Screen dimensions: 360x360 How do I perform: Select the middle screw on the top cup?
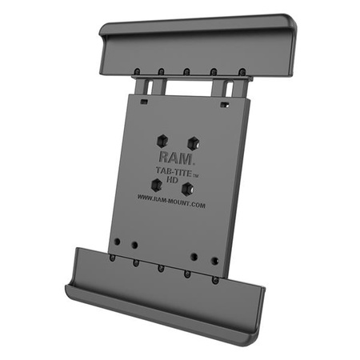tap(186, 70)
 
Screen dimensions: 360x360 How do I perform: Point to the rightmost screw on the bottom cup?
tap(216, 279)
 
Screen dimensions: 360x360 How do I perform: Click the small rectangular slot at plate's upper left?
tap(142, 102)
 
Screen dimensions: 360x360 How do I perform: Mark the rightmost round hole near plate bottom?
tap(214, 260)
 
